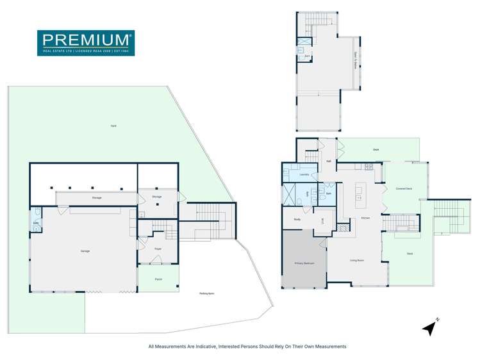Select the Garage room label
(85, 251)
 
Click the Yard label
(113, 126)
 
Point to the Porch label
(158, 279)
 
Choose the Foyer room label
(158, 249)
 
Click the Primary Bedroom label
(303, 263)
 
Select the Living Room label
(357, 260)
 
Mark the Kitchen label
(365, 218)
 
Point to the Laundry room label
(304, 174)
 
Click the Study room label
(297, 220)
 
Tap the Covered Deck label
(404, 188)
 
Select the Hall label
(328, 161)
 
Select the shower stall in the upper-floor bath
(301, 49)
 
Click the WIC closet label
(322, 222)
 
